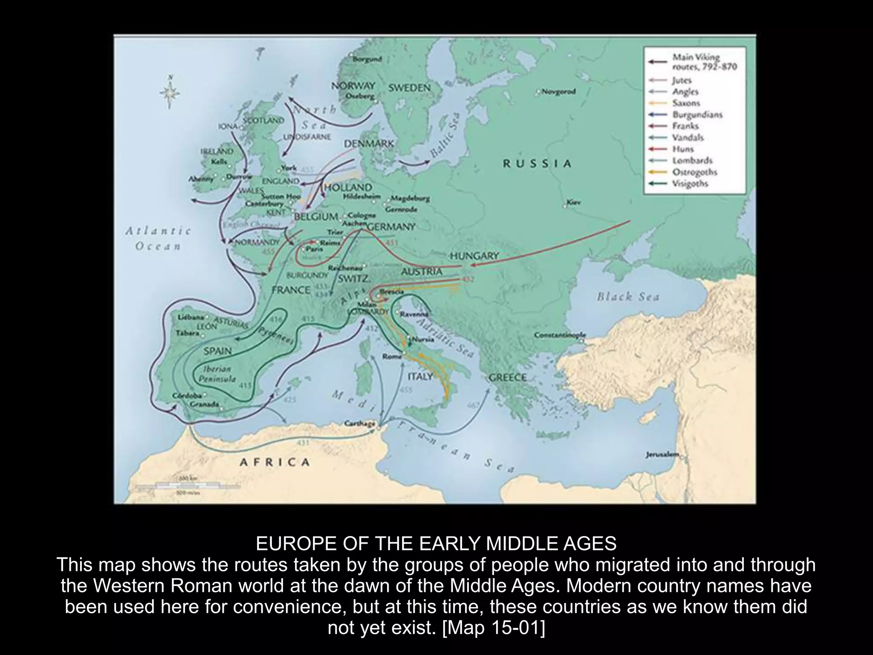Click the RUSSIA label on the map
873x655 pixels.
(537, 164)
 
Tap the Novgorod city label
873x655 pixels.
(559, 92)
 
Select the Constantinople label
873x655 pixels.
(560, 335)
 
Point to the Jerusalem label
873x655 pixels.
(662, 455)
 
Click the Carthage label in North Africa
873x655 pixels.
(360, 423)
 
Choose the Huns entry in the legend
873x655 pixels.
(683, 149)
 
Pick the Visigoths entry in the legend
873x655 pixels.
(690, 184)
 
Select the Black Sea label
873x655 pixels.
(628, 297)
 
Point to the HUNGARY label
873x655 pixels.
(474, 256)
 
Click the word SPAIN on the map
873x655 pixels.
(217, 351)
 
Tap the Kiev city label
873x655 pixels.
(573, 203)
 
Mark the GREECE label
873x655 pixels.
(507, 377)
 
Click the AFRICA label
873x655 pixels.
(275, 462)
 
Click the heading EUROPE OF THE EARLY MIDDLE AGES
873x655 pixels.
(436, 544)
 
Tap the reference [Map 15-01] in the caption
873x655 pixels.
(494, 628)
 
